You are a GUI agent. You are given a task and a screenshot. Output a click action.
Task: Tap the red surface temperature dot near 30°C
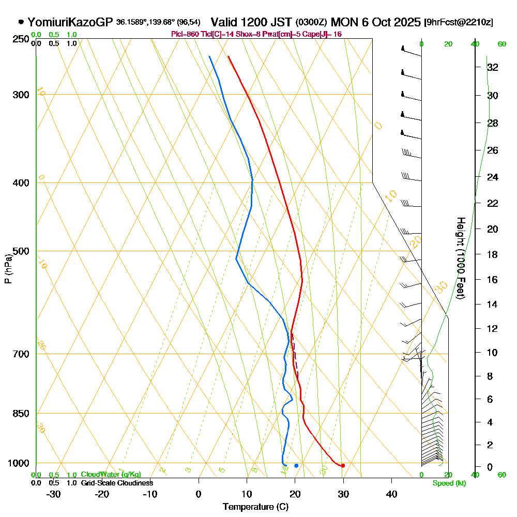(x=343, y=466)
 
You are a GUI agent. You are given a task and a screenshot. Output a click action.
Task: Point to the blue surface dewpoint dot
(x=296, y=466)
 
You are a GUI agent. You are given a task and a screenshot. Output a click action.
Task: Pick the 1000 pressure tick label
(x=18, y=463)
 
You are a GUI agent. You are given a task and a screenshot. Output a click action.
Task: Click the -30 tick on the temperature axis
(x=54, y=494)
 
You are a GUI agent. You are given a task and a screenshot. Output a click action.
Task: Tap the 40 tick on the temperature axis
(x=391, y=494)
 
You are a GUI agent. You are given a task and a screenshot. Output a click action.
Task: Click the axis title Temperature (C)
(x=255, y=507)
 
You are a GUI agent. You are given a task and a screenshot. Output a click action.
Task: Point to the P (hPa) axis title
(x=8, y=269)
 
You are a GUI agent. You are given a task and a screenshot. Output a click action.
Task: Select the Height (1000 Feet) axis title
(x=460, y=257)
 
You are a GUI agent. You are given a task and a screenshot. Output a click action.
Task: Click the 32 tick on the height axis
(x=493, y=67)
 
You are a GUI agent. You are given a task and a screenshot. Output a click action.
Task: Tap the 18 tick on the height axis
(x=493, y=254)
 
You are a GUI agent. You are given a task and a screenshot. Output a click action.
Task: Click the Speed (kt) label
(x=449, y=483)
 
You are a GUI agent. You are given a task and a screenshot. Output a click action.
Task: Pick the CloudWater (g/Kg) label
(x=111, y=475)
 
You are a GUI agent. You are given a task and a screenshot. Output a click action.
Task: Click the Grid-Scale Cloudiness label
(x=117, y=483)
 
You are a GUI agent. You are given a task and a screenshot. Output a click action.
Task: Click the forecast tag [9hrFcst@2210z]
(x=458, y=23)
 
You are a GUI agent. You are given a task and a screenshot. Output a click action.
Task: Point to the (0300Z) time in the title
(x=311, y=23)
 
